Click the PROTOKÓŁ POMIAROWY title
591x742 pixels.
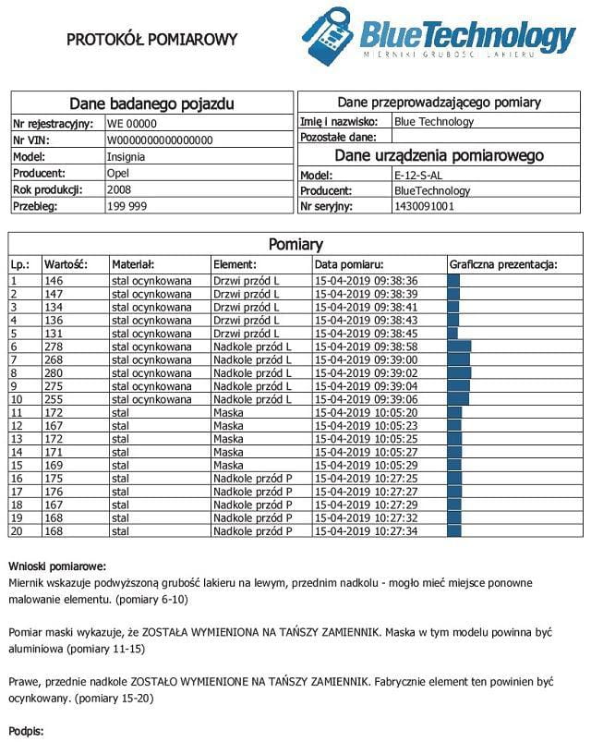[152, 39]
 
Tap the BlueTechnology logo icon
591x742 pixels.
[328, 36]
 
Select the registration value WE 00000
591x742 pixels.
[132, 123]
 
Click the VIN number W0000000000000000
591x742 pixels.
[160, 140]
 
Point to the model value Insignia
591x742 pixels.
[126, 156]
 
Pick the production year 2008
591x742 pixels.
[119, 189]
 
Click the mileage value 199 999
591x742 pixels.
[127, 206]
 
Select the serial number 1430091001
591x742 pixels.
[424, 206]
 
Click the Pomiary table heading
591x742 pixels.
[295, 245]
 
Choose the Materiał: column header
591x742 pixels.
[133, 264]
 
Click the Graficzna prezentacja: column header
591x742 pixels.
[503, 264]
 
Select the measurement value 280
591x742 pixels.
[54, 372]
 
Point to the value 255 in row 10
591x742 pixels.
[54, 399]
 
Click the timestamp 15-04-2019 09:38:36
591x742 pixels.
[367, 281]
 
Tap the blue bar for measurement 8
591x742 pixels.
[459, 372]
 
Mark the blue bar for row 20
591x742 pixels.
[454, 531]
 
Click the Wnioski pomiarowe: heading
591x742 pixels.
[57, 566]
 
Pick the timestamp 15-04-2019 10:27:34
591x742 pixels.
[367, 531]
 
